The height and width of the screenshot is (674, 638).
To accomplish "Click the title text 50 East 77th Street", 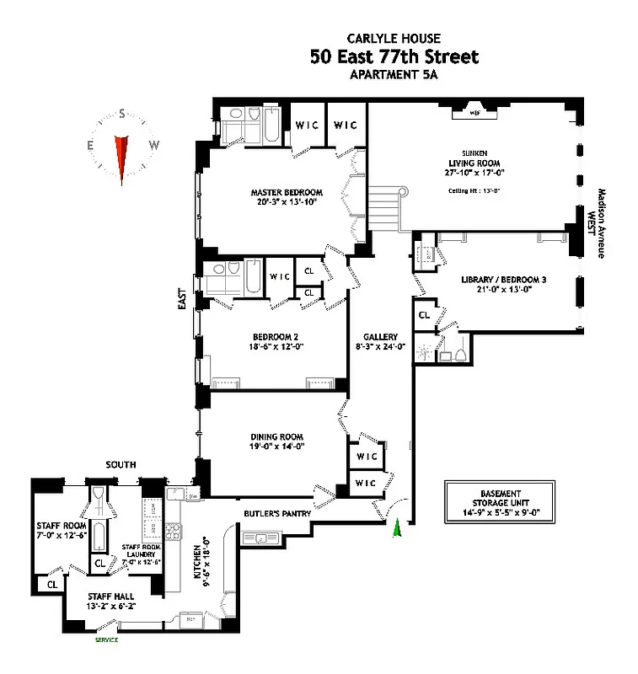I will pos(394,57).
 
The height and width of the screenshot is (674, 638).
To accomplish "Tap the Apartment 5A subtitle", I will pos(394,75).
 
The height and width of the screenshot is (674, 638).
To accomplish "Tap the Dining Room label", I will pos(276,436).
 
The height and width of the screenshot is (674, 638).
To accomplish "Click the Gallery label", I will pos(379,337).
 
